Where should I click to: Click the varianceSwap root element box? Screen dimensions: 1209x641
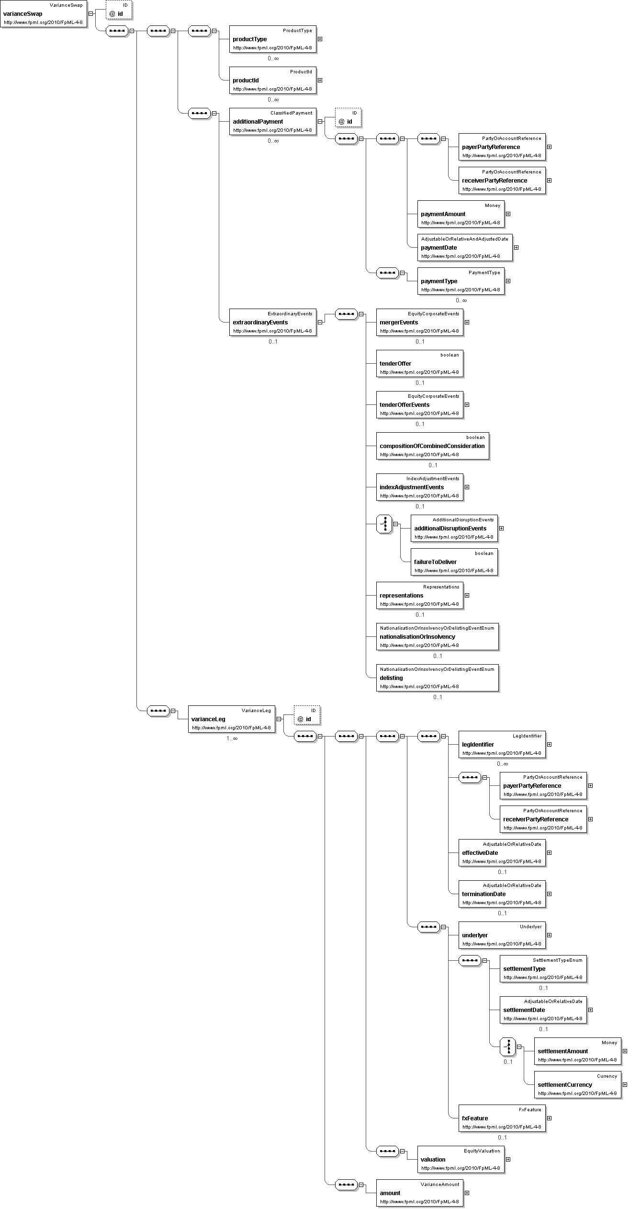point(44,14)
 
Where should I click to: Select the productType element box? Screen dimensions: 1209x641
point(272,39)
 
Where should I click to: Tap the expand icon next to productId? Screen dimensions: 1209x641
point(320,81)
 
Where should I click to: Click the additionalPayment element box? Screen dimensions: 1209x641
point(272,122)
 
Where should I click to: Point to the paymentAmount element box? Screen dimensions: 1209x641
point(461,214)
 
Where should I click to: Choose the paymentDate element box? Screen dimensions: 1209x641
point(464,248)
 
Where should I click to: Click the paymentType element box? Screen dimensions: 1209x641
point(461,281)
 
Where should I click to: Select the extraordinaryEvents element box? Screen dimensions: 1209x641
point(272,322)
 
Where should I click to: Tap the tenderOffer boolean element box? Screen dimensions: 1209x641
point(419,364)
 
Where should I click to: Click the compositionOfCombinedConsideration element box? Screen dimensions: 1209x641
point(432,446)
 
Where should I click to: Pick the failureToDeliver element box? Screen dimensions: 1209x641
point(454,562)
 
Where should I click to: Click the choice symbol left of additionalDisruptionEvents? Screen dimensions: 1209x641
point(384,525)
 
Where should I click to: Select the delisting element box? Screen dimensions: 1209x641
point(437,678)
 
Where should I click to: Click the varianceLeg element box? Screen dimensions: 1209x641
point(231,719)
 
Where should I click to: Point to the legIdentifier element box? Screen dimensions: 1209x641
point(502,745)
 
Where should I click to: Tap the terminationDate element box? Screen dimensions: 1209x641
point(502,894)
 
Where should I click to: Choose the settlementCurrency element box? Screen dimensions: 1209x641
point(577,1085)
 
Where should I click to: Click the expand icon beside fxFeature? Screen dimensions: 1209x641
point(550,1118)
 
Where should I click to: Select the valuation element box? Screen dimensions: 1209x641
point(461,1160)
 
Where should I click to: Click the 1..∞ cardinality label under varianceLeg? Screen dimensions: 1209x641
point(232,738)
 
